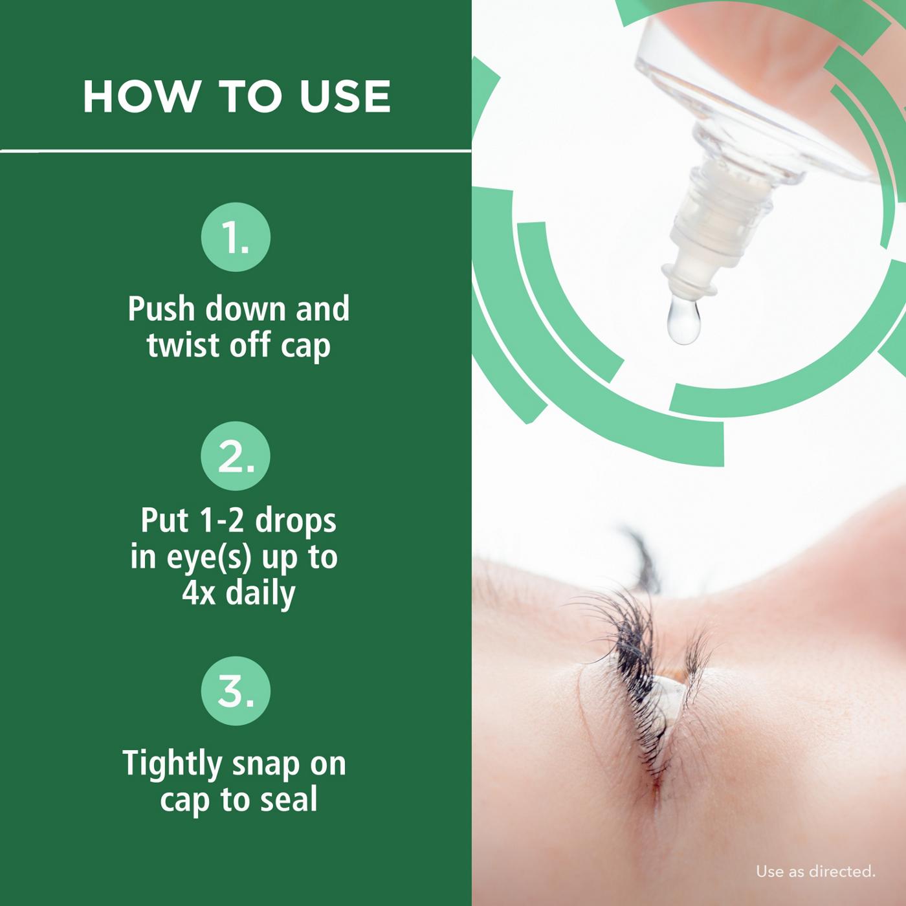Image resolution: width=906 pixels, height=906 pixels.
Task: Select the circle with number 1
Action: point(236,239)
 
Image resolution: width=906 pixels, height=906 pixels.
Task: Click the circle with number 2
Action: point(236,456)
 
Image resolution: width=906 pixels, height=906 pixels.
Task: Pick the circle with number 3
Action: point(236,691)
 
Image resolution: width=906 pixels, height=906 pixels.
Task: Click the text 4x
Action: point(199,593)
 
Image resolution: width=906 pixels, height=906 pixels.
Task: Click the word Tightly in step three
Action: point(172,764)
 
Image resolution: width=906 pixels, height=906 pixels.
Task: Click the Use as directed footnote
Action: point(815,872)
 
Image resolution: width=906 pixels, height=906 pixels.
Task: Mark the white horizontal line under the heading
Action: point(236,151)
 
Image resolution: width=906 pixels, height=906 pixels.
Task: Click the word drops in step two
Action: point(296,522)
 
